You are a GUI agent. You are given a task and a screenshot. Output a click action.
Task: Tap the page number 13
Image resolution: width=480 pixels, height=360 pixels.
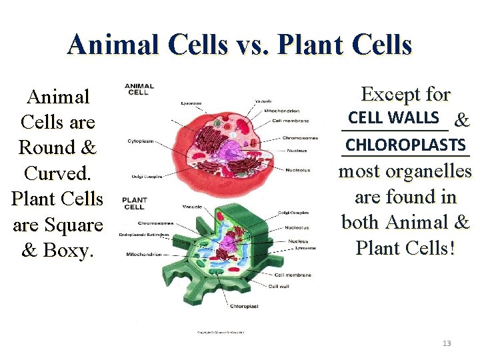(x=447, y=343)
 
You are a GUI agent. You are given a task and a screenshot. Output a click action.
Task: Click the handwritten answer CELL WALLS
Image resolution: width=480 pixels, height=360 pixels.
(x=393, y=118)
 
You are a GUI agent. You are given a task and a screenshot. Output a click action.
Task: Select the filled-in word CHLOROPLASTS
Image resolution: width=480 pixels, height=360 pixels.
(x=405, y=145)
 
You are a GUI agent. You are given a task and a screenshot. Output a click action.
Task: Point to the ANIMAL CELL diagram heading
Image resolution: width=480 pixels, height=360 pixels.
(x=139, y=89)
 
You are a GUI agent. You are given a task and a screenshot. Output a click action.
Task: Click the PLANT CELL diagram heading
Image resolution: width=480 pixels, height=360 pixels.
(x=135, y=203)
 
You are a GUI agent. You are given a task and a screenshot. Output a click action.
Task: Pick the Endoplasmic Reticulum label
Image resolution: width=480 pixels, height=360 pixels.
(x=144, y=235)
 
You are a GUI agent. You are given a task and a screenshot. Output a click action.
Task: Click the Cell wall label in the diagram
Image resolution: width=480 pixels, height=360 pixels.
(x=279, y=287)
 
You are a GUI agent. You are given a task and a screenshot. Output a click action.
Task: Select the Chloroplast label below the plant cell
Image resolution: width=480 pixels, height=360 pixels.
(x=245, y=307)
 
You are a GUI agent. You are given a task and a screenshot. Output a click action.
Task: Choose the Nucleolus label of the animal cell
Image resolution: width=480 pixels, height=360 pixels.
(x=297, y=169)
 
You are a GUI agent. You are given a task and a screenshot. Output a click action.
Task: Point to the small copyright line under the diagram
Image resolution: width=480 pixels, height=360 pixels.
(x=220, y=332)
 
